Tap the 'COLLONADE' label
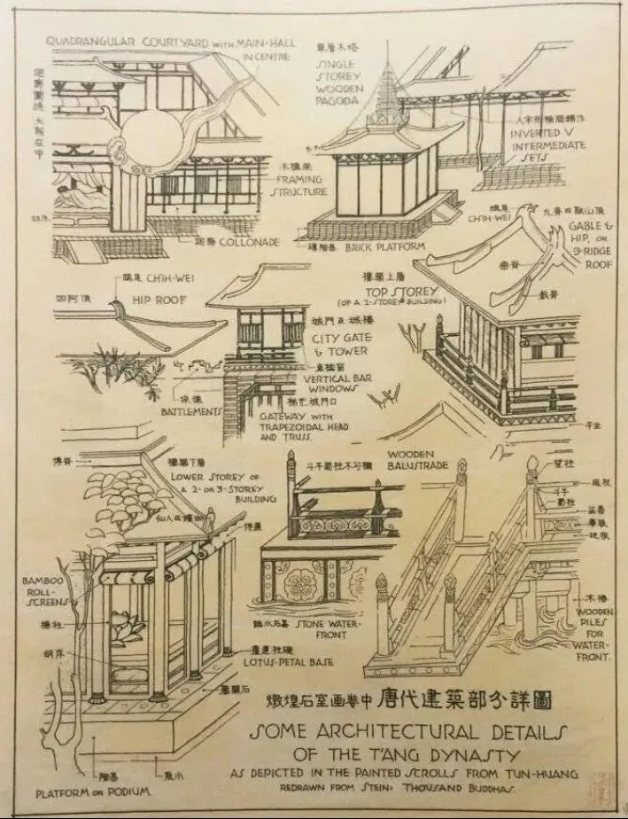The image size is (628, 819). click(251, 242)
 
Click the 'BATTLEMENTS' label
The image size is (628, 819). click(190, 411)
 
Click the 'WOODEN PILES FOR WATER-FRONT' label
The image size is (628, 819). click(593, 634)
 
